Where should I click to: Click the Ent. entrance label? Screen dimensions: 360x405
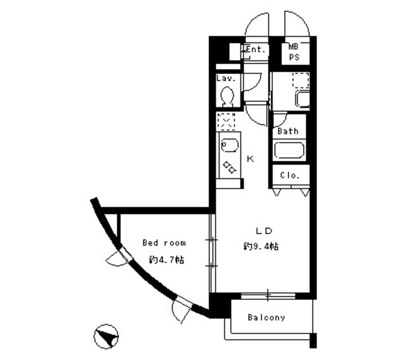click(255, 49)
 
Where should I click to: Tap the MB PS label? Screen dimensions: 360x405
click(295, 51)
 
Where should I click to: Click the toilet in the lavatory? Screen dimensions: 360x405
click(227, 96)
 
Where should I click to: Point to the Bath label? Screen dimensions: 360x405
click(287, 132)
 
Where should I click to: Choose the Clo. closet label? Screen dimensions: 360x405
click(290, 175)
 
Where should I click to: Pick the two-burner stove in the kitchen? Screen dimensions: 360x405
click(228, 167)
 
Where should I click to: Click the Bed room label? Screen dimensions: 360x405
click(164, 242)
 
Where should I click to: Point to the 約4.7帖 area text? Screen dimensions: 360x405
click(166, 259)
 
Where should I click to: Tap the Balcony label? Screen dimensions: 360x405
click(266, 318)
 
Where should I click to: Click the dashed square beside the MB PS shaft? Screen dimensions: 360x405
click(301, 80)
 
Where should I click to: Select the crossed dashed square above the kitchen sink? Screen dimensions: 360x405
click(226, 120)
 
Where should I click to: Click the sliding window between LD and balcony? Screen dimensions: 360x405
click(268, 294)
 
